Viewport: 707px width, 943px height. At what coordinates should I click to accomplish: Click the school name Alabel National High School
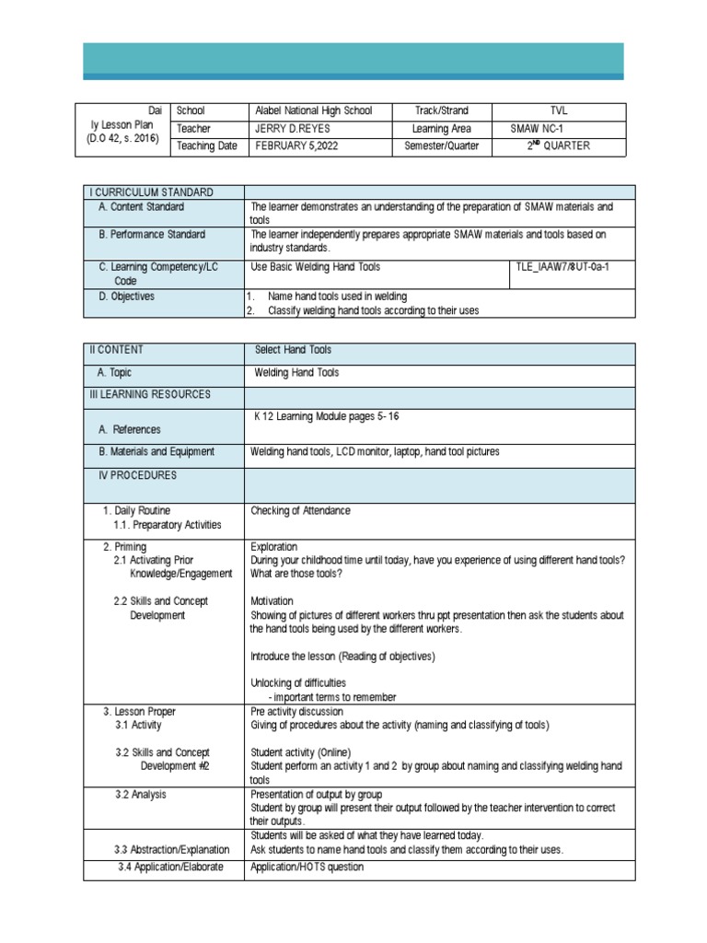click(x=313, y=111)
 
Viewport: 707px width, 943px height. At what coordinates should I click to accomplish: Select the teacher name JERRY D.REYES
click(x=293, y=129)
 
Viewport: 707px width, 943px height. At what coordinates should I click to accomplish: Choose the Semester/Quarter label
click(x=442, y=146)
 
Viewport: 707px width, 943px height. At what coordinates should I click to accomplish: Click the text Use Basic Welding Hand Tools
click(x=315, y=267)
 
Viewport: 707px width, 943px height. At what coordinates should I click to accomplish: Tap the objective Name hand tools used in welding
click(x=337, y=297)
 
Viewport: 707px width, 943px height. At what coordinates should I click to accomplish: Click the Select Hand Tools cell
click(x=293, y=350)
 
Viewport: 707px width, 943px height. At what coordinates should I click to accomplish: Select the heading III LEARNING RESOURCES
click(x=150, y=394)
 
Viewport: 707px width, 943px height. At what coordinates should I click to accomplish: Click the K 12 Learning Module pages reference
click(x=327, y=416)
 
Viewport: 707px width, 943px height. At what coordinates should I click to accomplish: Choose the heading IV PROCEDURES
click(x=138, y=475)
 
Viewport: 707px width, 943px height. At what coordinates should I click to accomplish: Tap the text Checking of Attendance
click(x=300, y=510)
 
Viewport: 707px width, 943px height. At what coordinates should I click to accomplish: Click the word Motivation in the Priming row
click(x=272, y=601)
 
